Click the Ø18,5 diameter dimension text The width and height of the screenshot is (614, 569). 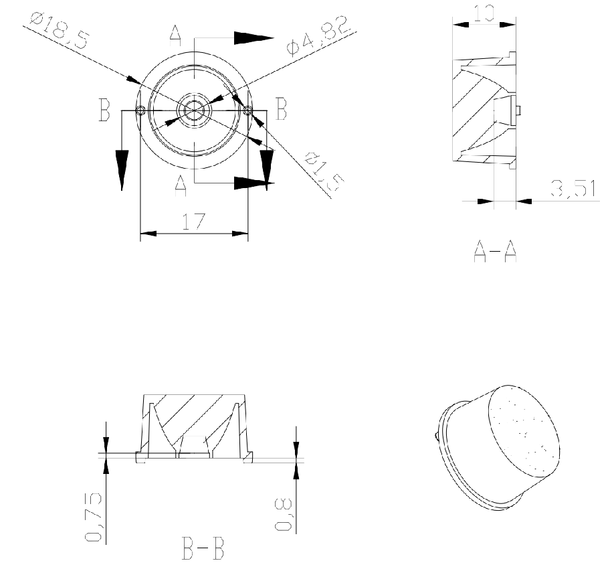point(60,30)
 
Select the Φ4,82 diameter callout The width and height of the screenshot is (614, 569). point(317,35)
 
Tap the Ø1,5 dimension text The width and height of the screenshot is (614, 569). point(324,171)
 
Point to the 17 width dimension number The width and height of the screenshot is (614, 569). point(194,222)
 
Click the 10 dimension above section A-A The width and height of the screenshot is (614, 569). point(484,13)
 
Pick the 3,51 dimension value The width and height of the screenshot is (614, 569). point(574,188)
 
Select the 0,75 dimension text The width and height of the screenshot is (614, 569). point(94,517)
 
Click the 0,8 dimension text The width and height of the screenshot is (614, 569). point(284,513)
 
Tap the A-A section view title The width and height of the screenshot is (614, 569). point(496,251)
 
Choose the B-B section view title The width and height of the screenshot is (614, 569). point(203,549)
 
